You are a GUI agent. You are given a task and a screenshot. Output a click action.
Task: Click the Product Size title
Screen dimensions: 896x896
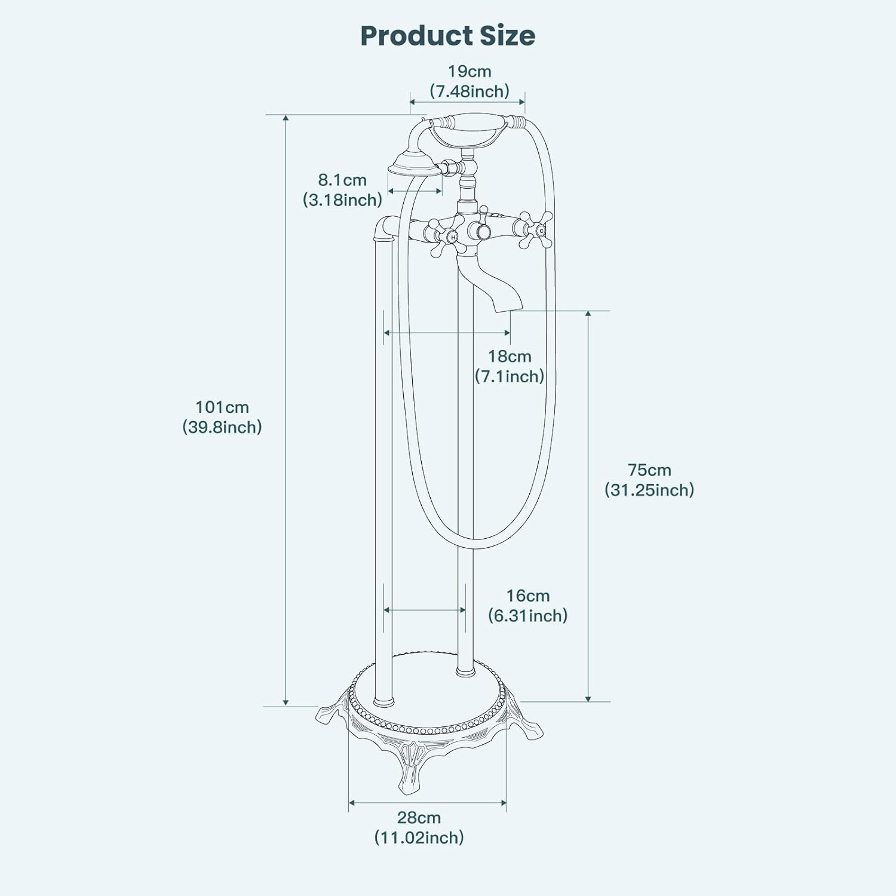pos(447,36)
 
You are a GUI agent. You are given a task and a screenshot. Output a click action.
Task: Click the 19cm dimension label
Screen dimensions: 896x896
pos(470,71)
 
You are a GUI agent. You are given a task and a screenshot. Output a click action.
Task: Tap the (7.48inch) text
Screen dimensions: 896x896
pos(470,91)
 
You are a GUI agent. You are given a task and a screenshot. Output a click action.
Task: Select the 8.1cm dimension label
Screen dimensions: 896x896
pos(342,180)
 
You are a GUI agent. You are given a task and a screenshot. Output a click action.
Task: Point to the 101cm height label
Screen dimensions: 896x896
pos(222,407)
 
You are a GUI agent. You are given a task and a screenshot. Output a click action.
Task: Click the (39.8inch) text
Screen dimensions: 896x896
pos(222,427)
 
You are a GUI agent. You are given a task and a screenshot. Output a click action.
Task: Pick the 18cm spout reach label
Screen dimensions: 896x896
pos(510,357)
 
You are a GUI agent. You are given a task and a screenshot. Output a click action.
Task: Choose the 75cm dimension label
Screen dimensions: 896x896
pos(649,470)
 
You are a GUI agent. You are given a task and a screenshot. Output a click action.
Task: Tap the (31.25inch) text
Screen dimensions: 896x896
pos(649,490)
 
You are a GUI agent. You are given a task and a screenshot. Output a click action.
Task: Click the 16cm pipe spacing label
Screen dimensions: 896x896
pos(528,596)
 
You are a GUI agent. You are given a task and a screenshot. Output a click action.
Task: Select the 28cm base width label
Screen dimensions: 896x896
pos(419,817)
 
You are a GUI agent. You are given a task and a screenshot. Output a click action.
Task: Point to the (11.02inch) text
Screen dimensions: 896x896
pos(419,837)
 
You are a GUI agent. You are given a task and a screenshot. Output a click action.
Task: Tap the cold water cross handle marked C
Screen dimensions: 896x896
pos(535,229)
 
